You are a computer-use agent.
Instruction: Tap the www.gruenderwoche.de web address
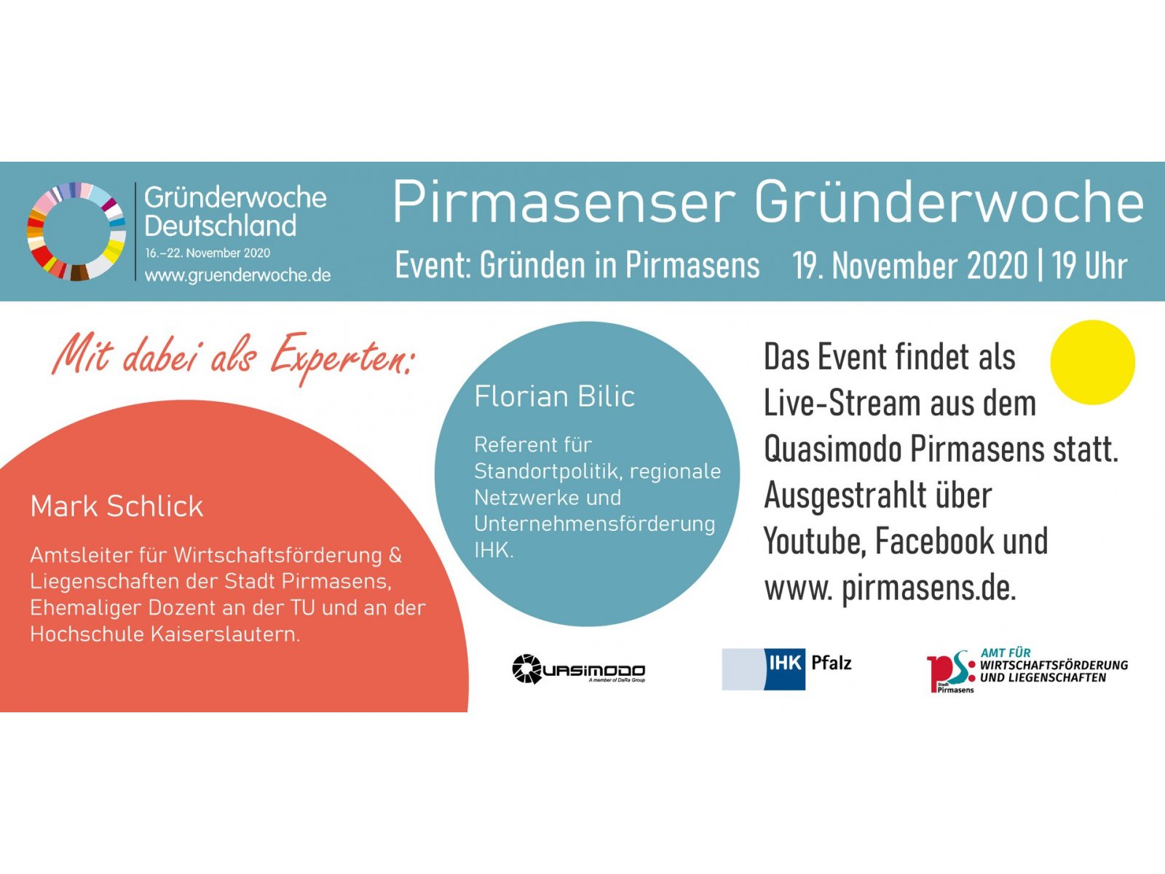pos(238,275)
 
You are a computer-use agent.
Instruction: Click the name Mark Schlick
pos(116,506)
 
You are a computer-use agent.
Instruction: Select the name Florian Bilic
pos(555,396)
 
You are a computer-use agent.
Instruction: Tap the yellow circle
pos(1092,363)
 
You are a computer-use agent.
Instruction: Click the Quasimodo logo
pos(579,669)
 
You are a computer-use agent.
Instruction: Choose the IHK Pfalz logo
pos(786,669)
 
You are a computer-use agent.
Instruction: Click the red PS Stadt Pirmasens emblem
pos(951,672)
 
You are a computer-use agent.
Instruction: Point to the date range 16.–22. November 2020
pos(208,253)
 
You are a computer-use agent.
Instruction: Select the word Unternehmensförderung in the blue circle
pos(594,524)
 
